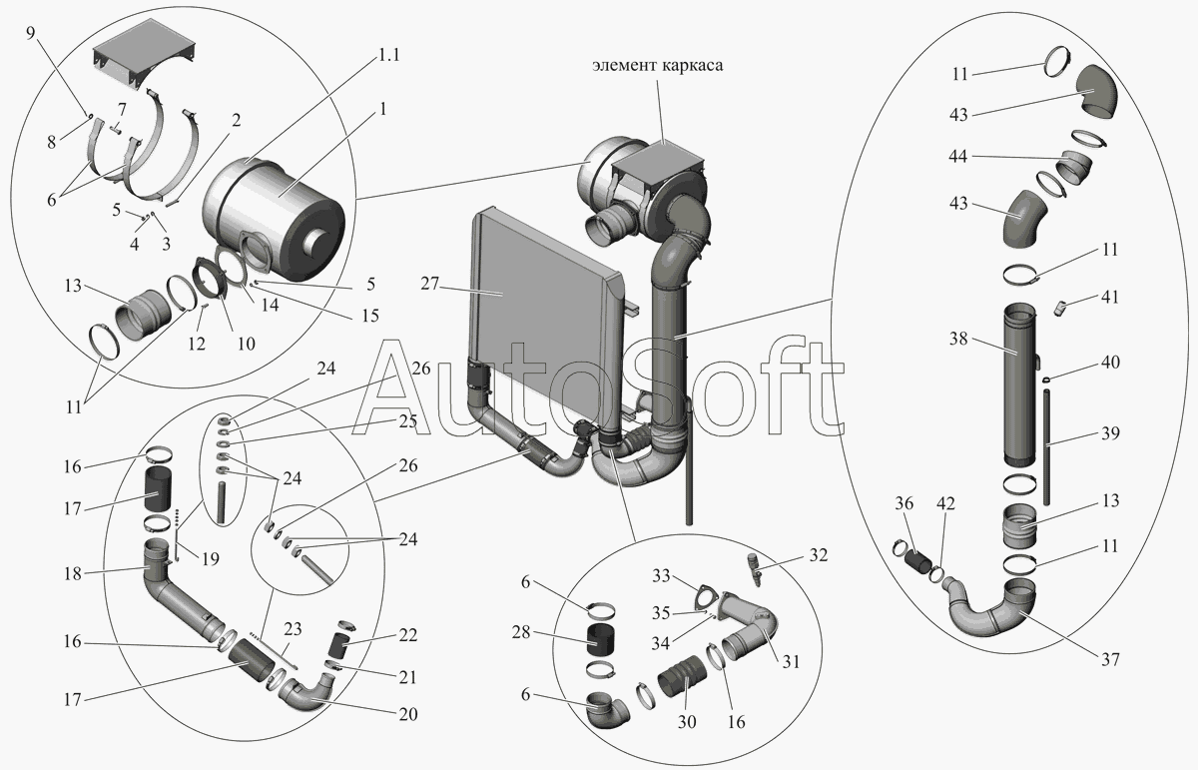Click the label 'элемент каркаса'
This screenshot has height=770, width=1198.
coord(657,65)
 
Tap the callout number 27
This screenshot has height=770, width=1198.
coord(429,283)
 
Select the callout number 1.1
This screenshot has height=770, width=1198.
coord(388,55)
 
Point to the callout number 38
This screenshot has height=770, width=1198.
coord(958,339)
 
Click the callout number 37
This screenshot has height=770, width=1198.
coord(1110,660)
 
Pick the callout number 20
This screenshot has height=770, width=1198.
coord(408,714)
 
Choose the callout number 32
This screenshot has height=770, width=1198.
coord(819,555)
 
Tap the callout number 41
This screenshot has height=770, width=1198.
coord(1110,297)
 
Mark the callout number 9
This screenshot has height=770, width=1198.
coord(30,33)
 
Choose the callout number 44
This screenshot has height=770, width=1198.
coord(958,156)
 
